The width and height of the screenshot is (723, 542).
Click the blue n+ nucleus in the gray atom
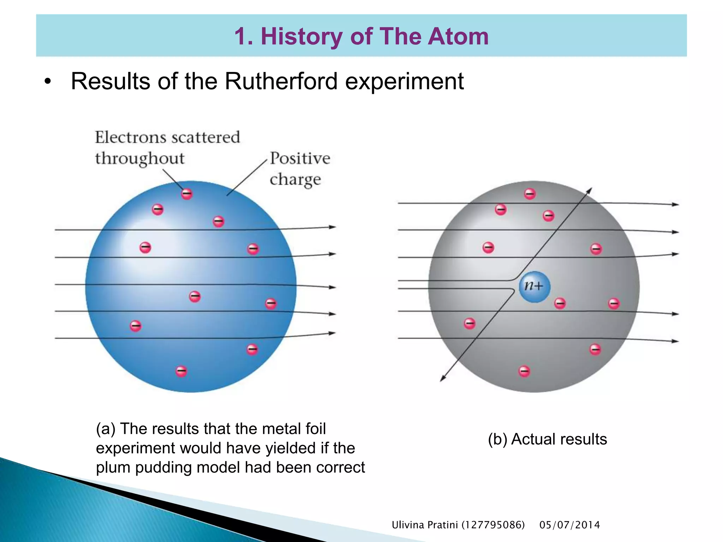534,287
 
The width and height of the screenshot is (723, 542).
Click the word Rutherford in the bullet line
281,82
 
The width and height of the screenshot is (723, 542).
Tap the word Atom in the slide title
458,36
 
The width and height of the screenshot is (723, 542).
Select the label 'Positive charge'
299,169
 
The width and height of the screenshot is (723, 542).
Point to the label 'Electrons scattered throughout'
167,147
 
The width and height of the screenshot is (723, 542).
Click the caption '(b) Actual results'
547,439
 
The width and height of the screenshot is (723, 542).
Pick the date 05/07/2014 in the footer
569,525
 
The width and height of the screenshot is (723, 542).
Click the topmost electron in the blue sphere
187,194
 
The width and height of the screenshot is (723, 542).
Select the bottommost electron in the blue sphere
181,371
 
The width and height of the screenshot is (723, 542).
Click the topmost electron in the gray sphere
530,194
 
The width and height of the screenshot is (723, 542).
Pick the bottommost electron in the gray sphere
524,371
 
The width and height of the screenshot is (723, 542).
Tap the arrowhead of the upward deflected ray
590,190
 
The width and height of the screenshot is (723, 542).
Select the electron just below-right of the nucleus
560,303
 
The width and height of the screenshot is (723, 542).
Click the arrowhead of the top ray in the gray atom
676,204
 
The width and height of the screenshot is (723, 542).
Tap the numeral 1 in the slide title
240,36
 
